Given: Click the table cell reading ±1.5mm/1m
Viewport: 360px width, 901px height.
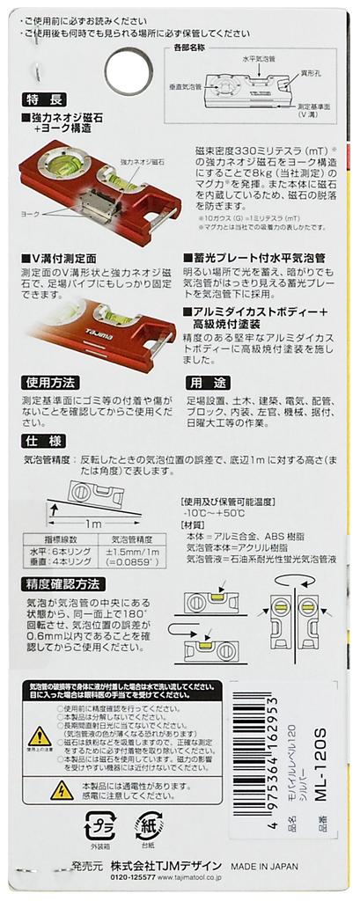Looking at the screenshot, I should [133, 552].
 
